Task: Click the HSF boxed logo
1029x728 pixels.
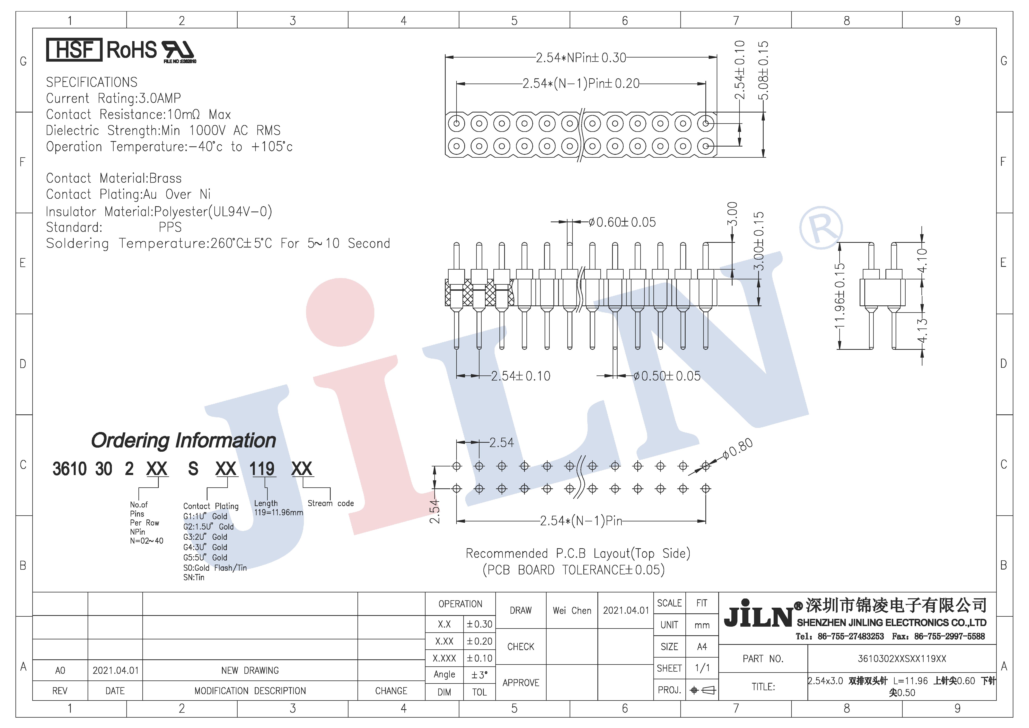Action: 74,50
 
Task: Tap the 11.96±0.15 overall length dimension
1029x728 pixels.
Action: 840,296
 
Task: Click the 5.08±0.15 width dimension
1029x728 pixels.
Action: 763,70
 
